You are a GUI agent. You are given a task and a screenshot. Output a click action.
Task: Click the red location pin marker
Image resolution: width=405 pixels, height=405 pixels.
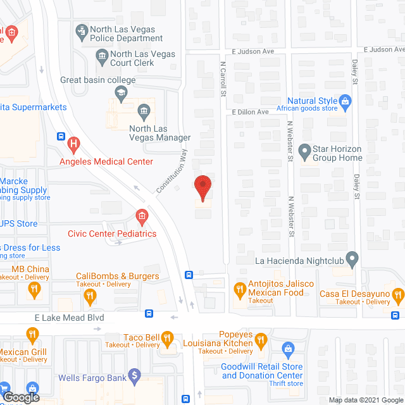[x=202, y=188]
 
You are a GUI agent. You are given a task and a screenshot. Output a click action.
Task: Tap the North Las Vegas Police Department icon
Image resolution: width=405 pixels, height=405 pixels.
[x=82, y=30]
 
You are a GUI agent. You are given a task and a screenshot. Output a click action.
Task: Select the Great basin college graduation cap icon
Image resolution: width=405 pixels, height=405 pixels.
[x=120, y=93]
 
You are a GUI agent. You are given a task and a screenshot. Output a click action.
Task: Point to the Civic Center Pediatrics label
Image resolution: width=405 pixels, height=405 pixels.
[x=116, y=234]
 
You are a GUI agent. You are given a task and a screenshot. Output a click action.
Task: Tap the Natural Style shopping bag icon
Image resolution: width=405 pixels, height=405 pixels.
[x=345, y=101]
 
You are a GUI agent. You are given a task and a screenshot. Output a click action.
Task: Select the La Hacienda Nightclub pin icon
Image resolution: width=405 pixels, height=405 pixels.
[x=353, y=258]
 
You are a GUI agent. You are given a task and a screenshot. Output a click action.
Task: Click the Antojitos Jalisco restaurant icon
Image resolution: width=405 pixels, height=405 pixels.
[x=239, y=290]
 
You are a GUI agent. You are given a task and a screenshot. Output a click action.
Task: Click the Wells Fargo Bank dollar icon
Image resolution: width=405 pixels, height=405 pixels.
[x=134, y=376]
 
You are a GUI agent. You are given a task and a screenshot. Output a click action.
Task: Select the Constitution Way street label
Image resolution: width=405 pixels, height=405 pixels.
[x=172, y=171]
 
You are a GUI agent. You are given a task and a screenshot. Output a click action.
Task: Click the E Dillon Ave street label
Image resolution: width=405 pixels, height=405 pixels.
[x=251, y=111]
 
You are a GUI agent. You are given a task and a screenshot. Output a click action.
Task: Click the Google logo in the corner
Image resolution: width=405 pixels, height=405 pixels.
[x=20, y=397]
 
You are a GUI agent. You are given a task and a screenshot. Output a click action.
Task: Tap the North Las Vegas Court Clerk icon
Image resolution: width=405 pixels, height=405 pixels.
[x=102, y=59]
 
